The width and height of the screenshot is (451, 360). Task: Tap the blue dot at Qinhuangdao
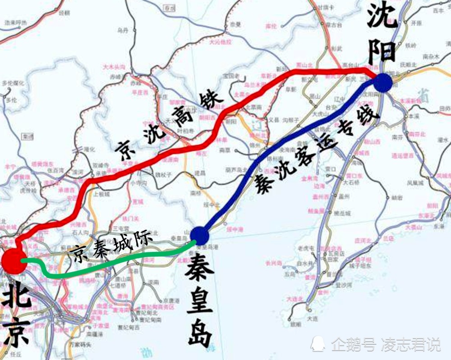click(200, 235)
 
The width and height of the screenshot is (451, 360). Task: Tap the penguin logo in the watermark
click(318, 344)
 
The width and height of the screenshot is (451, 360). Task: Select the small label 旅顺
click(295, 324)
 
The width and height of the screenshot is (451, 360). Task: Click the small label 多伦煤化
click(12, 83)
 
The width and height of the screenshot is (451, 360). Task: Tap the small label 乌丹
click(123, 30)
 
